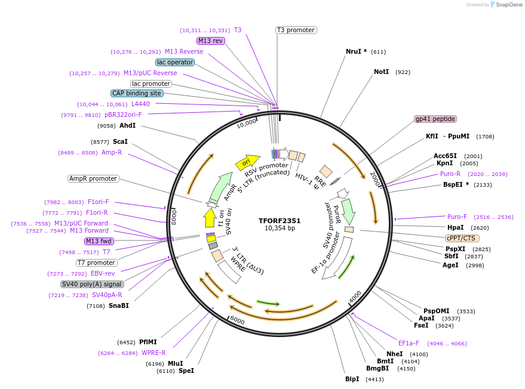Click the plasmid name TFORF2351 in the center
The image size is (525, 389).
(x=280, y=220)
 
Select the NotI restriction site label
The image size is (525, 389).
(x=381, y=72)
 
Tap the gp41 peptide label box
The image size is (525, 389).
(x=435, y=119)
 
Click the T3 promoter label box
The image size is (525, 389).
(x=296, y=30)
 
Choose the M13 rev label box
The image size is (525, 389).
(x=210, y=41)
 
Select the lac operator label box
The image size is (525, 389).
(x=174, y=62)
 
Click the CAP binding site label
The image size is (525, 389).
(x=137, y=93)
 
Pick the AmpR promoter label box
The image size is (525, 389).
(x=93, y=178)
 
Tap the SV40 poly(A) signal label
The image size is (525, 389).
(x=91, y=284)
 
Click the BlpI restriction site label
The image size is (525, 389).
(x=352, y=379)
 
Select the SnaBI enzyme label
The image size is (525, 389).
(x=118, y=305)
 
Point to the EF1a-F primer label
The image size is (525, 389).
(x=409, y=343)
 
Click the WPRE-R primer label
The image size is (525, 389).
(x=153, y=353)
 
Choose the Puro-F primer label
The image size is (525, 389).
(x=457, y=217)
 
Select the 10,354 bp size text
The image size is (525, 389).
(x=280, y=228)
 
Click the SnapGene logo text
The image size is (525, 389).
(x=507, y=5)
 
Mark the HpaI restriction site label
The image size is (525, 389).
(x=455, y=227)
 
